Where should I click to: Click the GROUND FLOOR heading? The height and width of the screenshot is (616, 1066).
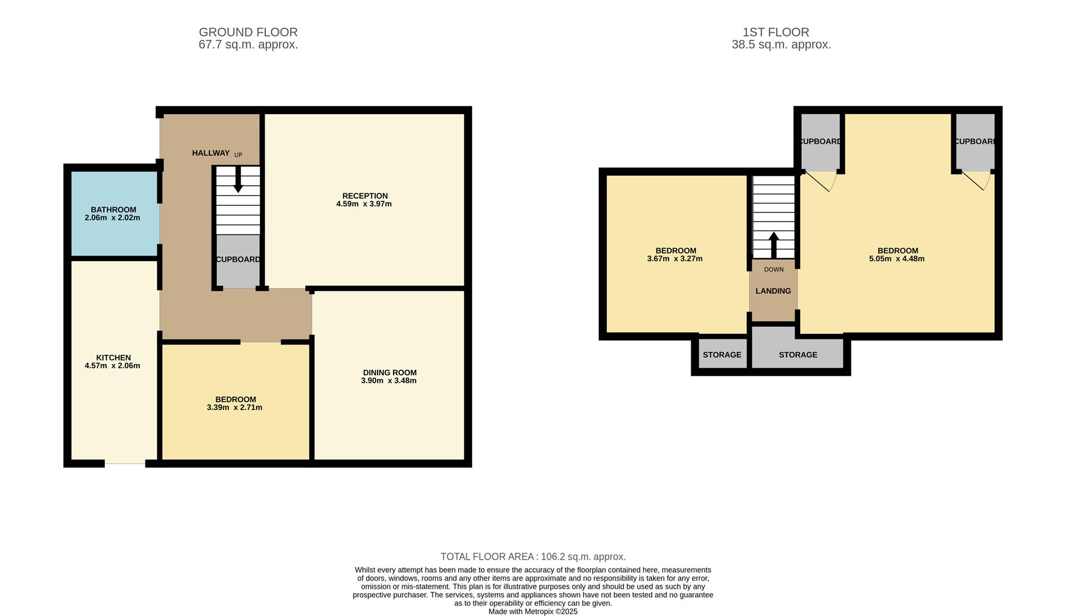(x=248, y=33)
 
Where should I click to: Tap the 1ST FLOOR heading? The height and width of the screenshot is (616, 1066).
(x=776, y=33)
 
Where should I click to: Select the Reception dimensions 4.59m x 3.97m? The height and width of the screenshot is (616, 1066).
(x=364, y=204)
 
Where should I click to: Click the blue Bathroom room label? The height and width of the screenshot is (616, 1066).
(x=113, y=210)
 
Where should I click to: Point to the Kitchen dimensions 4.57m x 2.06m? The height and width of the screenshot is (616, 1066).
(x=112, y=366)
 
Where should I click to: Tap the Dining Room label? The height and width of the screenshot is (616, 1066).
(x=390, y=372)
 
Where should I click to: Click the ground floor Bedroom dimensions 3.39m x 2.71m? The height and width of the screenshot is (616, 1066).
(x=234, y=408)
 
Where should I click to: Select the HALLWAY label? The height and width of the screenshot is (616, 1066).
(x=210, y=153)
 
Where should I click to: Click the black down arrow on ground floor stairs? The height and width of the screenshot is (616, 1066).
(x=238, y=179)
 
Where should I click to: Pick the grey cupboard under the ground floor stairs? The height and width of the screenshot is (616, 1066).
(x=238, y=260)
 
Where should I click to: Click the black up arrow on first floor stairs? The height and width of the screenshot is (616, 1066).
(x=773, y=245)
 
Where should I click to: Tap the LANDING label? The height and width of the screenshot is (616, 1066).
(x=773, y=291)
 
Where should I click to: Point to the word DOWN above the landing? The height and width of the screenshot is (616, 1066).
(x=773, y=269)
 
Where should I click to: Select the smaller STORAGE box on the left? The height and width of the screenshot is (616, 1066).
(x=722, y=355)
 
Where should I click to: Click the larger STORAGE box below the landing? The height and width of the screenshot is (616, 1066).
(x=797, y=355)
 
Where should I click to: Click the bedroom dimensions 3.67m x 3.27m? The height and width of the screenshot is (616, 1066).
(x=675, y=259)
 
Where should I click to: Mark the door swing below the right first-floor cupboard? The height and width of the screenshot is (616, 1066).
(x=978, y=181)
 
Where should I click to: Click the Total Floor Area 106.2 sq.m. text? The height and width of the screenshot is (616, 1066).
(x=533, y=557)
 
